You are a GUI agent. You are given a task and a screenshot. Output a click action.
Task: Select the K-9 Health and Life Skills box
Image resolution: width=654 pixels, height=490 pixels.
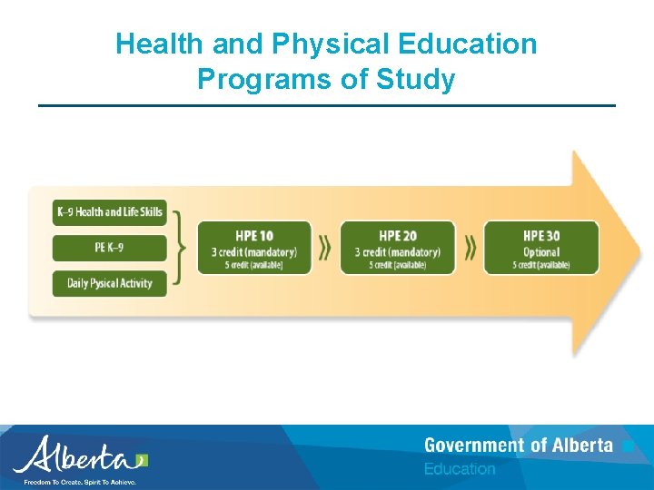pyautogui.click(x=110, y=212)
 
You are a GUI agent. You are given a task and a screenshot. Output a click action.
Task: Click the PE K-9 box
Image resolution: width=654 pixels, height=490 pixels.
pyautogui.click(x=110, y=248)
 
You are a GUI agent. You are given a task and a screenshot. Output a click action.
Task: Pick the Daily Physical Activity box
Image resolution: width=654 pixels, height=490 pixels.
pyautogui.click(x=110, y=283)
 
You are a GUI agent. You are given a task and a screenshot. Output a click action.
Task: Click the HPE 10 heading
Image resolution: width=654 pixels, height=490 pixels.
pyautogui.click(x=254, y=236)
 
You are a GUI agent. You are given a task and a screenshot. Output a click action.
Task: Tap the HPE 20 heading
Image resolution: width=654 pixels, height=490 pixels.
pyautogui.click(x=398, y=236)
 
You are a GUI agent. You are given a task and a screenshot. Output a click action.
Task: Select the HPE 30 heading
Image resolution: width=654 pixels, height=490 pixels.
pyautogui.click(x=541, y=236)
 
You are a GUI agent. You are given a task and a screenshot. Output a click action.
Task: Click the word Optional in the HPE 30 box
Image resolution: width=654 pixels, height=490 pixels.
pyautogui.click(x=541, y=251)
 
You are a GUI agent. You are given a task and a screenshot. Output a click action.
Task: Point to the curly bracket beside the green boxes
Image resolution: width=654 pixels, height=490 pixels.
pyautogui.click(x=182, y=248)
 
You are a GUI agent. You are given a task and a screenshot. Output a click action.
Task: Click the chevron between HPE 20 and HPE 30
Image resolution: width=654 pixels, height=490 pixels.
pyautogui.click(x=470, y=247)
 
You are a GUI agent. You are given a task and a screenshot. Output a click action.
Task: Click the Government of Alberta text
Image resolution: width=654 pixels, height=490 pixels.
pyautogui.click(x=518, y=446)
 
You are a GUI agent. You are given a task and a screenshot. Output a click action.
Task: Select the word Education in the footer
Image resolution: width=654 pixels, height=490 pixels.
pyautogui.click(x=460, y=469)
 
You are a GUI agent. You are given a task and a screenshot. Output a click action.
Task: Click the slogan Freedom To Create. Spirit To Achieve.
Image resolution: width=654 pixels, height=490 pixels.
pyautogui.click(x=80, y=482)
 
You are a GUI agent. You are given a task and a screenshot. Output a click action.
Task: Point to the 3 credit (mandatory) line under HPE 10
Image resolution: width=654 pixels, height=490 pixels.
pyautogui.click(x=254, y=251)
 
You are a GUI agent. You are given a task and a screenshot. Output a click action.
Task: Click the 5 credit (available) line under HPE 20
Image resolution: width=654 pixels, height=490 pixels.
pyautogui.click(x=398, y=265)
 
